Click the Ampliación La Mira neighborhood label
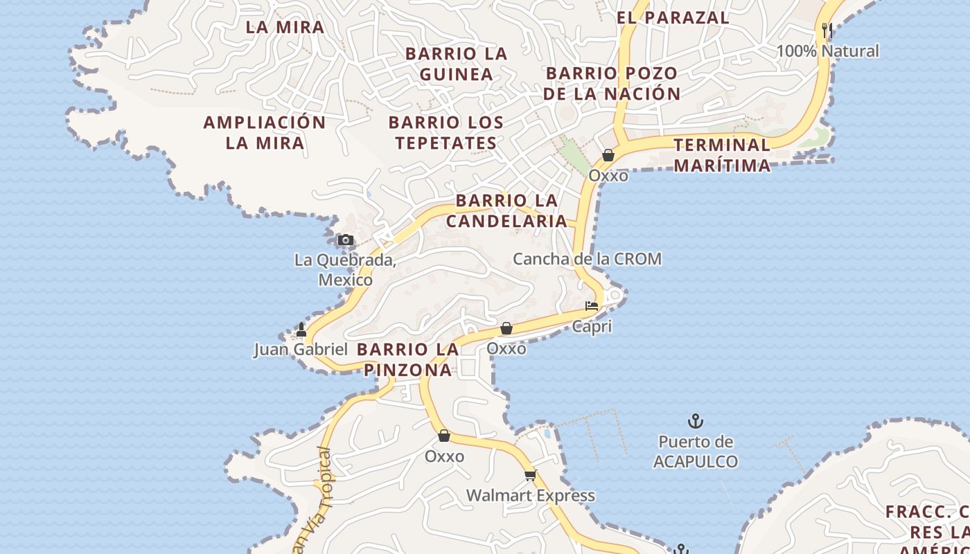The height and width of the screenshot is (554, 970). pyautogui.click(x=265, y=133)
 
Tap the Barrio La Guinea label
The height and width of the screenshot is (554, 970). pyautogui.click(x=457, y=64)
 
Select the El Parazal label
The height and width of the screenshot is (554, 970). pyautogui.click(x=673, y=18)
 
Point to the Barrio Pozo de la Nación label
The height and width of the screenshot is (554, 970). pyautogui.click(x=612, y=83)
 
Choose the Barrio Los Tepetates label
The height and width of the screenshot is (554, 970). pyautogui.click(x=446, y=133)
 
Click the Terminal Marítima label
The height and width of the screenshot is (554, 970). pyautogui.click(x=722, y=155)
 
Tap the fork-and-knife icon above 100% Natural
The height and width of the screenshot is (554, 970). pyautogui.click(x=826, y=30)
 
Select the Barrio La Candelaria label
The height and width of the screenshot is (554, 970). pyautogui.click(x=506, y=211)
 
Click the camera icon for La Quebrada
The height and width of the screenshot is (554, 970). pyautogui.click(x=345, y=240)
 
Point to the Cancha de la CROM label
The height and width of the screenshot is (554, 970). pyautogui.click(x=587, y=259)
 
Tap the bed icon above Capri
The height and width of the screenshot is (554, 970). pyautogui.click(x=592, y=305)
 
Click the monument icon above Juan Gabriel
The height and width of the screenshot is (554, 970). pyautogui.click(x=301, y=330)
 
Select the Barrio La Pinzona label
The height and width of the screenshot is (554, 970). pyautogui.click(x=408, y=359)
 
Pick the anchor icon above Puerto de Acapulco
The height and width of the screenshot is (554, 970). pyautogui.click(x=695, y=420)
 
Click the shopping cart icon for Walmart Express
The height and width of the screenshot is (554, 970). pyautogui.click(x=530, y=475)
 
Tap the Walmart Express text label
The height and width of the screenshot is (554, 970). pyautogui.click(x=530, y=496)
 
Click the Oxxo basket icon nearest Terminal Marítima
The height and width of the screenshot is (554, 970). pyautogui.click(x=608, y=155)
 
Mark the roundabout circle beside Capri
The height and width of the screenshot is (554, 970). pyautogui.click(x=613, y=296)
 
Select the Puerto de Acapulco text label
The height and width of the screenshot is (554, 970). pyautogui.click(x=696, y=452)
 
